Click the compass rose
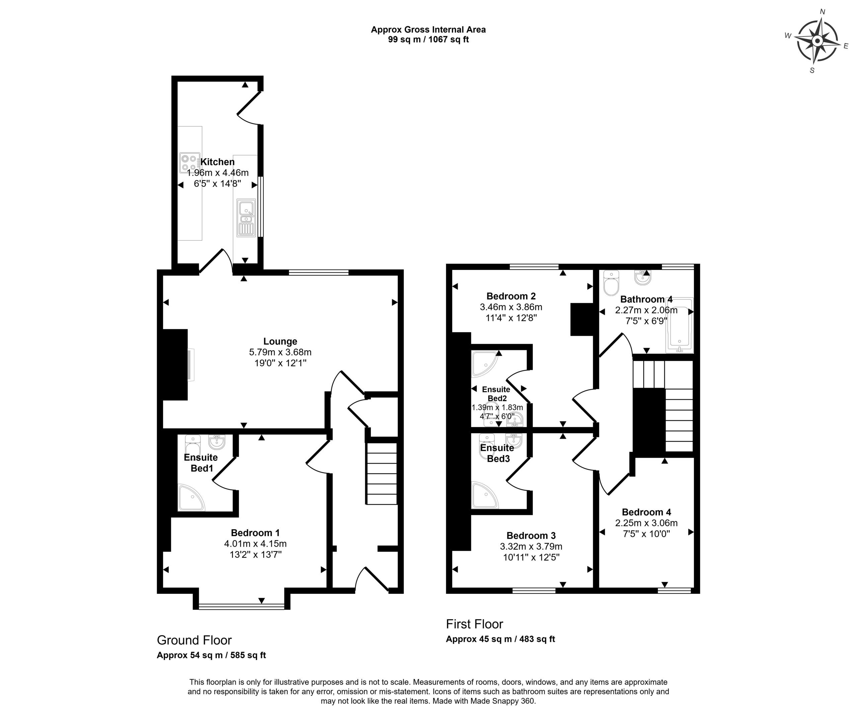pyautogui.click(x=817, y=41)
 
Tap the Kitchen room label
pyautogui.click(x=218, y=162)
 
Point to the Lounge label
pyautogui.click(x=280, y=342)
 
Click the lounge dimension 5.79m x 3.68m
pyautogui.click(x=280, y=352)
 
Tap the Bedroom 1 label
pyautogui.click(x=255, y=533)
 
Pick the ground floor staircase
pyautogui.click(x=382, y=474)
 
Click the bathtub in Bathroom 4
pyautogui.click(x=680, y=325)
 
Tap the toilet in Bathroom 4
pyautogui.click(x=611, y=283)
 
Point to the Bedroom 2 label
pyautogui.click(x=511, y=296)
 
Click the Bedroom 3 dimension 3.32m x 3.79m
pyautogui.click(x=531, y=546)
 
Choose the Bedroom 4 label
pyautogui.click(x=646, y=512)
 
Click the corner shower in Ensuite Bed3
pyautogui.click(x=484, y=495)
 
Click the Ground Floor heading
pyautogui.click(x=194, y=640)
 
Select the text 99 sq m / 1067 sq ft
pyautogui.click(x=428, y=40)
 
